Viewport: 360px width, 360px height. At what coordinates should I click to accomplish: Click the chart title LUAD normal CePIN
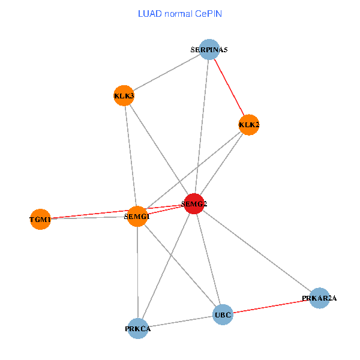(180, 13)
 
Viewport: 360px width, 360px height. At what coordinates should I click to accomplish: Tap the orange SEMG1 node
(137, 216)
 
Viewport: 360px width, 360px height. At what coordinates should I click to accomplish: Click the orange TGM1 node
(40, 219)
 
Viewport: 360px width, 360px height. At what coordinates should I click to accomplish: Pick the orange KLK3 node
(124, 95)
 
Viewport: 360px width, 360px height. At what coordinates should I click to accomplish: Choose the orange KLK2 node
(248, 125)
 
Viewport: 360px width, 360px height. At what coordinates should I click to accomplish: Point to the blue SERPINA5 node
(209, 50)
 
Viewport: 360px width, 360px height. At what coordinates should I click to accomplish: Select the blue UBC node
(222, 314)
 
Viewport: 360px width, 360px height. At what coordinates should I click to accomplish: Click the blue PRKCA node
(138, 328)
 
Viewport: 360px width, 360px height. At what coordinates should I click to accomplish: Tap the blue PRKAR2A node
(320, 298)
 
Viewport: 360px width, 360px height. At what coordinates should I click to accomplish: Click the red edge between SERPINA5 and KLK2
(229, 88)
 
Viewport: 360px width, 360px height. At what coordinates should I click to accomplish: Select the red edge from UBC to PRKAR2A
(271, 306)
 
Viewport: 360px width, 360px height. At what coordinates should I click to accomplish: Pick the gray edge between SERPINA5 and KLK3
(166, 73)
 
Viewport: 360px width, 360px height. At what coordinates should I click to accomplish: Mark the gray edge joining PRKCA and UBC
(180, 322)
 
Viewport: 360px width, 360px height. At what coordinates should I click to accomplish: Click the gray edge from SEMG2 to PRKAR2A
(257, 251)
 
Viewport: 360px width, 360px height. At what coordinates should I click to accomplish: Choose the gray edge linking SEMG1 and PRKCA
(137, 272)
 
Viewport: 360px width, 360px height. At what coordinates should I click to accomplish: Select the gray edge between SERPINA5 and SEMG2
(202, 127)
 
